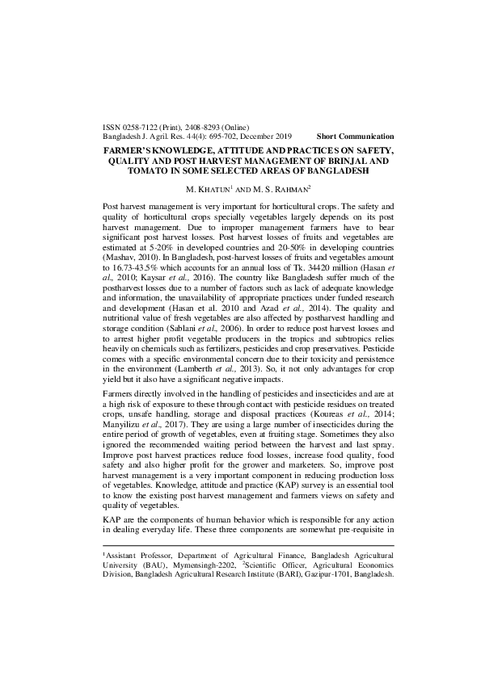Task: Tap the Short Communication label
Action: [355, 136]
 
